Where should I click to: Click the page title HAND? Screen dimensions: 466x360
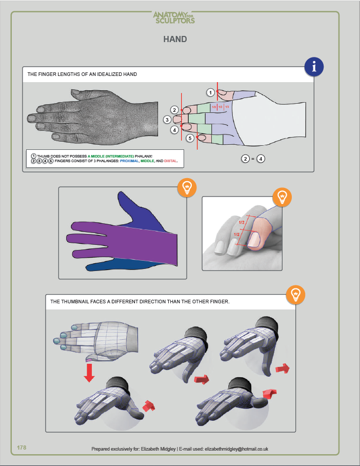click(175, 39)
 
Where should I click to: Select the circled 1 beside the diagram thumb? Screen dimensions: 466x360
click(210, 92)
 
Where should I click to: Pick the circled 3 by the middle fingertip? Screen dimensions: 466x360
click(167, 120)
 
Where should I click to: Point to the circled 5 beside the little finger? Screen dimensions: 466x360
click(189, 138)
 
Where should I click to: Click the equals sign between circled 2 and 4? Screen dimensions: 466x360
click(253, 159)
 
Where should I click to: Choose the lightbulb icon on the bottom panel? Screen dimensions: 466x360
click(295, 295)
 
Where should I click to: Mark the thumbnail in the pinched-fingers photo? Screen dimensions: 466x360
click(254, 239)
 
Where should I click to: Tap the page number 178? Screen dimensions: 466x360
click(22, 448)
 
